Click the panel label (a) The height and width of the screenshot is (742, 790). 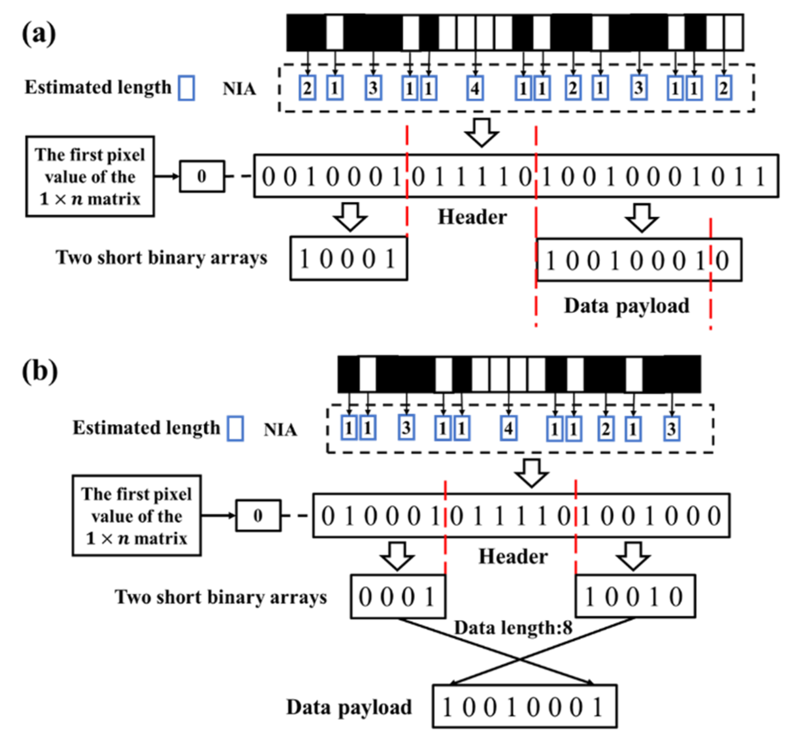click(39, 34)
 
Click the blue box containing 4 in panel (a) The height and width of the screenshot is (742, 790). click(475, 88)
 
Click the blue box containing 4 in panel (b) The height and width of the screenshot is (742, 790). click(508, 428)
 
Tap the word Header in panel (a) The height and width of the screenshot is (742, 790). click(472, 217)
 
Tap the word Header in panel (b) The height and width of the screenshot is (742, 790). click(513, 556)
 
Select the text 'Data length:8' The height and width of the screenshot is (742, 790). click(513, 628)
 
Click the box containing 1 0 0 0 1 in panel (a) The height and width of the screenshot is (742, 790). click(348, 259)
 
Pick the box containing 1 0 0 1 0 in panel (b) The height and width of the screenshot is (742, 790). click(635, 597)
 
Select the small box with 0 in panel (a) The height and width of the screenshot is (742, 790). click(202, 176)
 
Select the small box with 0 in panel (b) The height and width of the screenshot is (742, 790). click(258, 516)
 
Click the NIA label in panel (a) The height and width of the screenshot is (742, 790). click(239, 89)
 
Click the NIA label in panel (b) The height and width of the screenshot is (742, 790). click(280, 430)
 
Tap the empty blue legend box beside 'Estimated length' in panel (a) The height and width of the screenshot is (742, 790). click(187, 88)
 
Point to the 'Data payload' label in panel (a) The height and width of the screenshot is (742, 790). click(627, 306)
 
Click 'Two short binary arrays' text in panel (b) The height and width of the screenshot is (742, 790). click(220, 597)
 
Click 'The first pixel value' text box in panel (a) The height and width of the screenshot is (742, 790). click(90, 177)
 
